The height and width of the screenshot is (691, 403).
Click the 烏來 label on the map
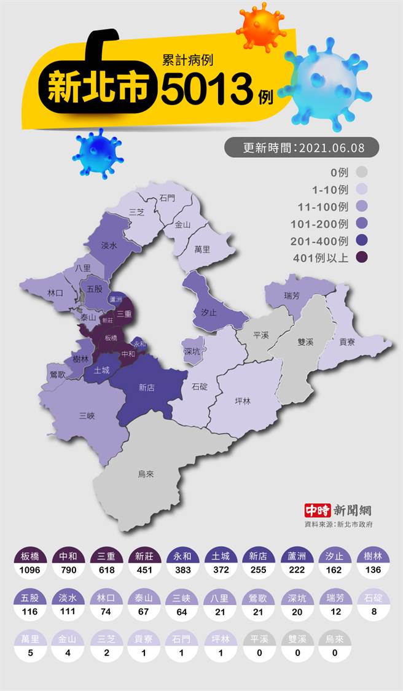pos(145,474)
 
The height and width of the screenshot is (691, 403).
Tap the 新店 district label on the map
pos(146,388)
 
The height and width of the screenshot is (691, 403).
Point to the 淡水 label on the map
pos(109,246)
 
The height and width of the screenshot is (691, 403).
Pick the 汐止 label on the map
pos(208,312)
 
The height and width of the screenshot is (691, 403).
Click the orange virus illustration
pos(261,26)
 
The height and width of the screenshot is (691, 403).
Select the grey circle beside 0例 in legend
pos(362,172)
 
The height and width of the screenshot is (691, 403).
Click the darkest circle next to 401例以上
pos(362,258)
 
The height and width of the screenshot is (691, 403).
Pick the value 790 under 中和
pos(68,570)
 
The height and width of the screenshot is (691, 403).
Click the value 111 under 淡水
pos(68,612)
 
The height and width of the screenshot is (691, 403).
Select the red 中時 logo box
pos(318,510)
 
